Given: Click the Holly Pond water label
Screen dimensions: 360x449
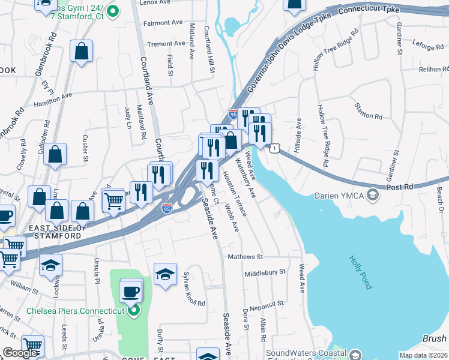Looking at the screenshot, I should tap(361, 272).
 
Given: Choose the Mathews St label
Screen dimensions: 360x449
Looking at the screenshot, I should tap(245, 257).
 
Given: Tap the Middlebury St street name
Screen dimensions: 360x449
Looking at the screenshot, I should tap(265, 272).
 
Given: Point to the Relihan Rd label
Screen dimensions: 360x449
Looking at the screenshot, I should tap(429, 70).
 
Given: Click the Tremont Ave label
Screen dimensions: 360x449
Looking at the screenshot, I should tap(166, 44).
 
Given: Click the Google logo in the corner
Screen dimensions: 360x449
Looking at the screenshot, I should tap(20, 353).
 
